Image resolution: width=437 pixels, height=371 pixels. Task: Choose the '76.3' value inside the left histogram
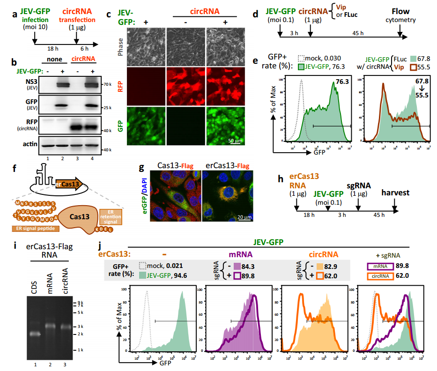[x=341, y=82]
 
